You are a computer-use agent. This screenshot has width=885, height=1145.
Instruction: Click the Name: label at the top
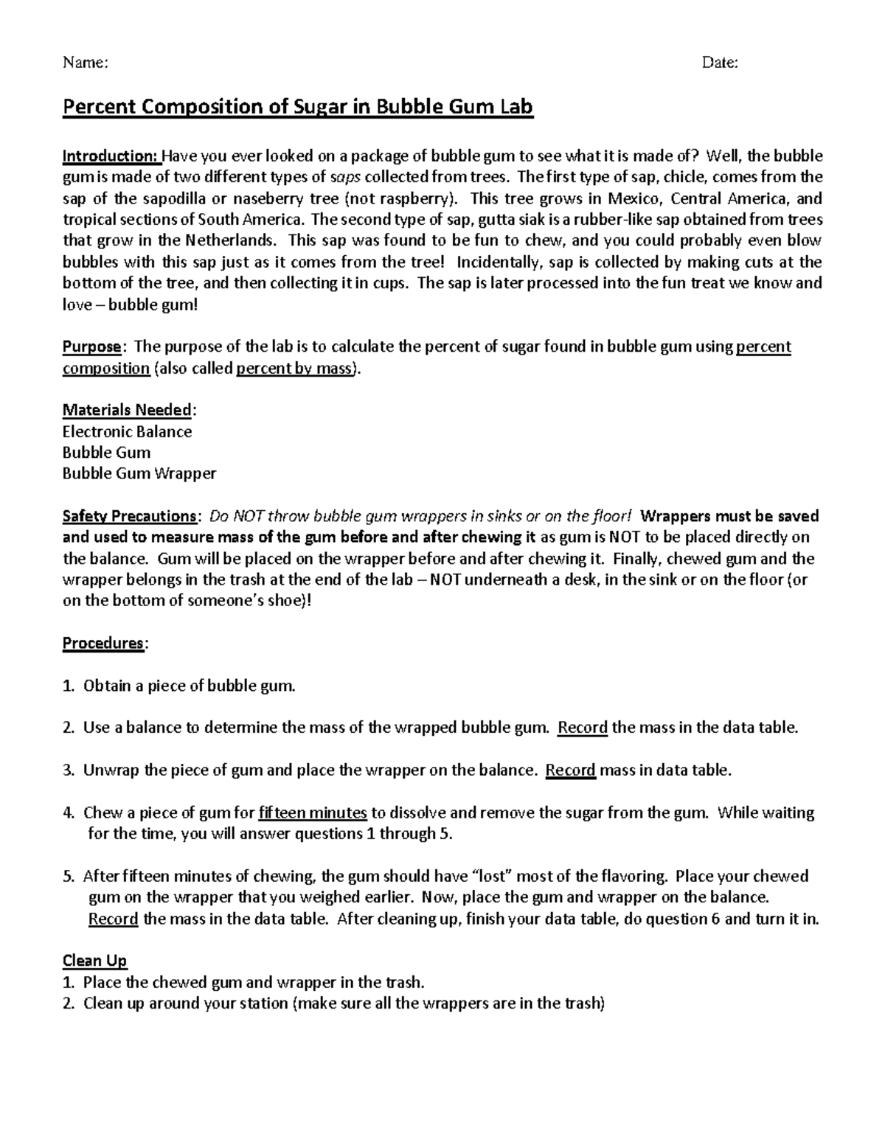pos(86,63)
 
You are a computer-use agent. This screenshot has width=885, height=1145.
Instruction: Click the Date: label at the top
pos(720,63)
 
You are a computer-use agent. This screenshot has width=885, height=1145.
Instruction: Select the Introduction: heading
pos(111,156)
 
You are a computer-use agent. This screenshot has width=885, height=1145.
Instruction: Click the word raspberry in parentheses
pos(416,198)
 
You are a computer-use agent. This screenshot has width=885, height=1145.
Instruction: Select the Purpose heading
pos(91,347)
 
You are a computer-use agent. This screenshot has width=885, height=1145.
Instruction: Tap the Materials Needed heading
pos(127,410)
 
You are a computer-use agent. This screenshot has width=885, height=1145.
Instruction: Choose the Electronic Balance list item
pos(127,431)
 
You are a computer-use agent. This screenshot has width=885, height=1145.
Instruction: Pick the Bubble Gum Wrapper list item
pos(139,473)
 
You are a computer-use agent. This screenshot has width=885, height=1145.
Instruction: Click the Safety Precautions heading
pos(128,516)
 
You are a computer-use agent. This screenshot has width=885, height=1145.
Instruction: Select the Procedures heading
pos(103,643)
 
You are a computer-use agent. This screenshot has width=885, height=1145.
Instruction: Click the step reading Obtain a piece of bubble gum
pos(189,686)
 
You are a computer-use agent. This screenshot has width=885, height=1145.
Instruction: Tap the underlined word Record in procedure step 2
pos(583,728)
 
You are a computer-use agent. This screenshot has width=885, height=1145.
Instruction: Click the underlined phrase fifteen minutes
pos(313,812)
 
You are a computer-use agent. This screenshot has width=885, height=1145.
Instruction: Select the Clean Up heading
pos(94,961)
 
